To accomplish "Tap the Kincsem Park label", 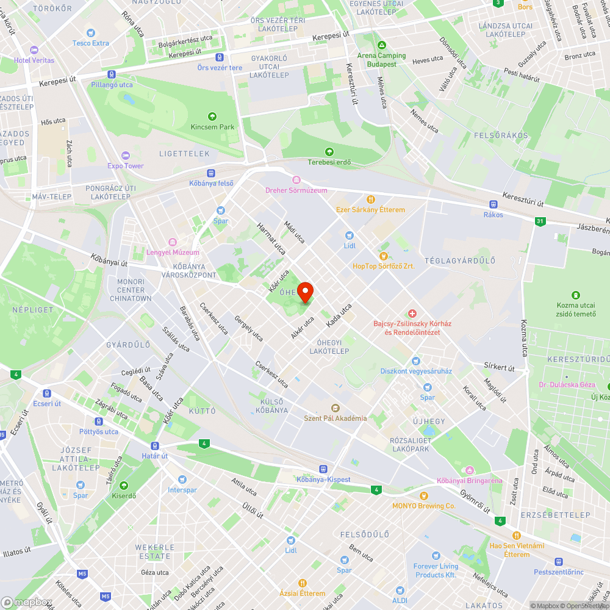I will [212, 127].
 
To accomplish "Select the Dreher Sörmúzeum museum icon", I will [296, 180].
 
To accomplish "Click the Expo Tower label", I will [126, 166].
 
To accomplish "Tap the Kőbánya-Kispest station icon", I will [323, 469].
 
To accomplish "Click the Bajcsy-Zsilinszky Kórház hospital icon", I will [413, 313].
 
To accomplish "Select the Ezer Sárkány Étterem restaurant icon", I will [370, 199].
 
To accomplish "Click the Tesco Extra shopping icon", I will [91, 32].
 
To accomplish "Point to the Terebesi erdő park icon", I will [329, 151].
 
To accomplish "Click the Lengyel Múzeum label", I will [173, 253].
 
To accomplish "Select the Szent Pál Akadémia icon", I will [335, 407].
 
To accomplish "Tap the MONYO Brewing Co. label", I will [424, 506].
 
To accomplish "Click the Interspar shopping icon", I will [182, 479].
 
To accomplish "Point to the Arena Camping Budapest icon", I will [382, 45].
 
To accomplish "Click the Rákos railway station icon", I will [493, 204].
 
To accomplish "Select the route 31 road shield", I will [540, 221].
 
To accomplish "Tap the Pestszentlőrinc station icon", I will [558, 562].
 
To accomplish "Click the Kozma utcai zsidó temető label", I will [575, 309].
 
